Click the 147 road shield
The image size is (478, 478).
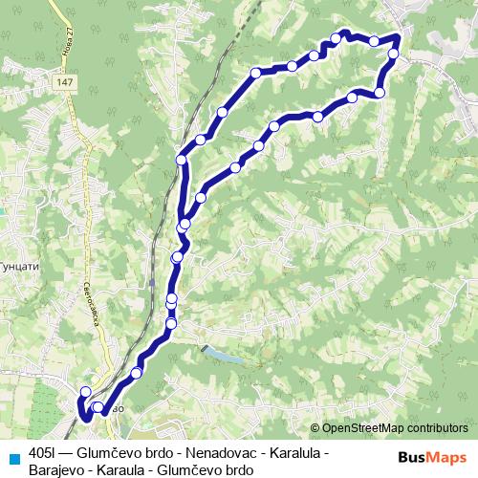pos(64,84)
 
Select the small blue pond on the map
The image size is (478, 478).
pos(221,357)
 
